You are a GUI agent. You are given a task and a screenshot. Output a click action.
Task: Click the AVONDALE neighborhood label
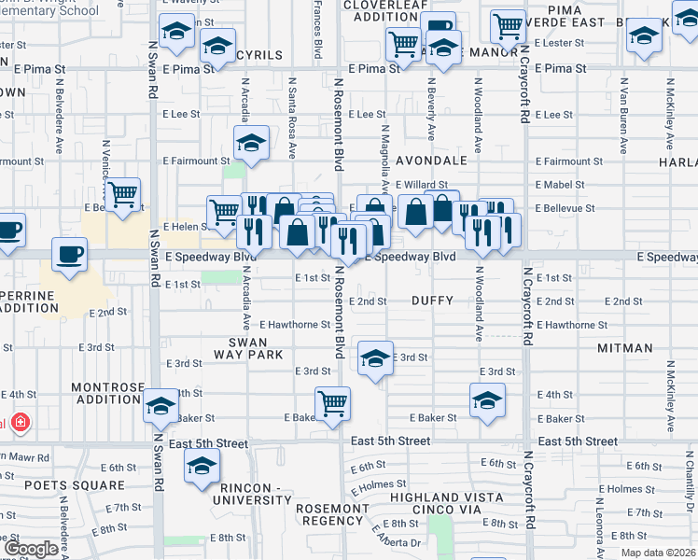pos(432,161)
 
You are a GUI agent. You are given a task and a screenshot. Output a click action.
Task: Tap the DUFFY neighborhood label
pos(432,301)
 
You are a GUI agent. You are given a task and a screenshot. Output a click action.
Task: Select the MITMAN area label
pos(625,348)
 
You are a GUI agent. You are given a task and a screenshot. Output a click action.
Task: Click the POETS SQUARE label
pos(75,485)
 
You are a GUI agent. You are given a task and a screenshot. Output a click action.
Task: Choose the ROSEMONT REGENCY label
pos(332,516)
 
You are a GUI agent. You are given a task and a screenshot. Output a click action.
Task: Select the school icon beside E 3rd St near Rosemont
pos(375,358)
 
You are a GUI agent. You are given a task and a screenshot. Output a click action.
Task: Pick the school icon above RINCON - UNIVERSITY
pos(201,467)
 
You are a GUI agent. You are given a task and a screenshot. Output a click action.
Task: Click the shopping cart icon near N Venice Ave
pos(122,194)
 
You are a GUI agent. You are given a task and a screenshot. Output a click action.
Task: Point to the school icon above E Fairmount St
pos(251,143)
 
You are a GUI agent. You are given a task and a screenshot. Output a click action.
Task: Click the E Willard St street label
pos(428,185)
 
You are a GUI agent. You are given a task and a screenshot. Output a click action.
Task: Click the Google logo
pos(30,549)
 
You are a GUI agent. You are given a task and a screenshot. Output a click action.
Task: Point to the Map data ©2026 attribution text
pos(658,553)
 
